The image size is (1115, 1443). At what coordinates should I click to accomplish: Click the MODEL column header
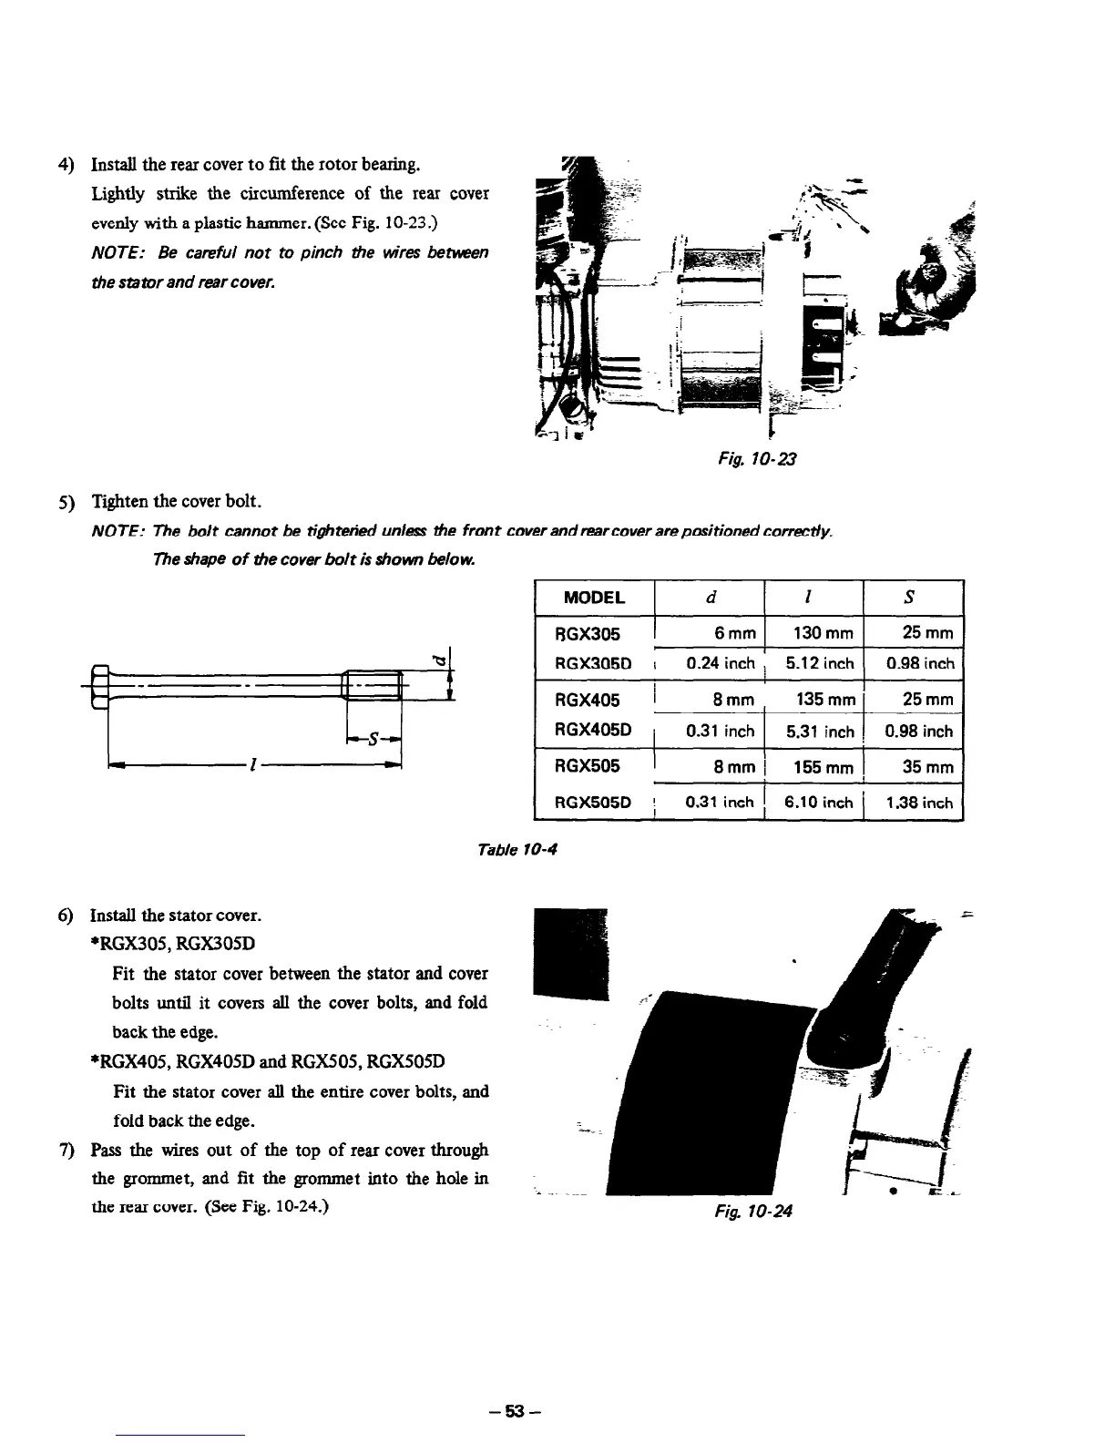click(594, 598)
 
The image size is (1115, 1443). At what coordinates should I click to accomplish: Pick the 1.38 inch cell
click(918, 803)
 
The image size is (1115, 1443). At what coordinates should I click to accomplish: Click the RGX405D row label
click(588, 731)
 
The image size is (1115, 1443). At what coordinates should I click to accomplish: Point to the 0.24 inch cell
click(720, 663)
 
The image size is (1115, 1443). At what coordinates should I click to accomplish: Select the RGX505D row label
click(588, 803)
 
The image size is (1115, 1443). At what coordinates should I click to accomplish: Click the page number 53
click(516, 1412)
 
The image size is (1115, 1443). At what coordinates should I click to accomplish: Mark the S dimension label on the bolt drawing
click(373, 741)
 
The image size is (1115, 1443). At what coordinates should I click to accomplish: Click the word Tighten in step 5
click(120, 501)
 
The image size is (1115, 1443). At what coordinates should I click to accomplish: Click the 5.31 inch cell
click(819, 731)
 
